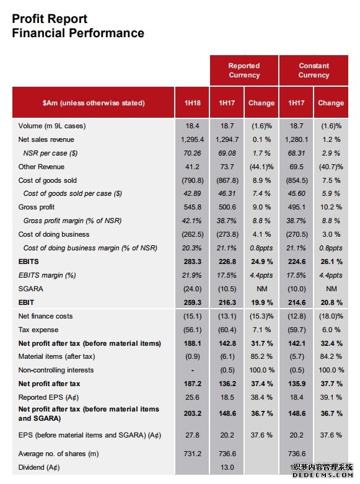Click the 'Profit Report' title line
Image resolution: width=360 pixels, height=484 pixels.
[50, 19]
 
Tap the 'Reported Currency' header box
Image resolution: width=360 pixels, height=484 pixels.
[244, 71]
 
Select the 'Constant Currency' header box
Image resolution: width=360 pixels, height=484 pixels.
[314, 71]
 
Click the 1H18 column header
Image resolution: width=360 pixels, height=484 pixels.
[192, 103]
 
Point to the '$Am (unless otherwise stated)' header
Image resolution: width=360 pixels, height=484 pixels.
[94, 103]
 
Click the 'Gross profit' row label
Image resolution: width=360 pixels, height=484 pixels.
[37, 207]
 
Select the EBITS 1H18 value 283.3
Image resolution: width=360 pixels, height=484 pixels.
[192, 262]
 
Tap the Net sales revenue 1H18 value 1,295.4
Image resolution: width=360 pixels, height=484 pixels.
[192, 139]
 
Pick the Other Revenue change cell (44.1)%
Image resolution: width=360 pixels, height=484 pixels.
[261, 167]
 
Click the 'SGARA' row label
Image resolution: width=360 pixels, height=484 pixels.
[30, 289]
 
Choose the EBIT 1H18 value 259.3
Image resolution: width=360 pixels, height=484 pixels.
[192, 302]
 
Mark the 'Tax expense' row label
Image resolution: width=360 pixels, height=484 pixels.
[38, 330]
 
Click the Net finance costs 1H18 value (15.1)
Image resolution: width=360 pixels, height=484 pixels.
[192, 316]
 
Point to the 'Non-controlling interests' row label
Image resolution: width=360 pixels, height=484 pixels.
[56, 370]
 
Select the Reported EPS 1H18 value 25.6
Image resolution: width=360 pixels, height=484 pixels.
[192, 397]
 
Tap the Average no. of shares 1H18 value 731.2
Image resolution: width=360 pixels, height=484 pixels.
[192, 454]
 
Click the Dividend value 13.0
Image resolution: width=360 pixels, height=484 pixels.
[227, 467]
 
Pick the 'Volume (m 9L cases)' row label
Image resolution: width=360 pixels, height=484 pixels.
[52, 126]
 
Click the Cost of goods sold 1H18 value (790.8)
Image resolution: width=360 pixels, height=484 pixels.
[192, 180]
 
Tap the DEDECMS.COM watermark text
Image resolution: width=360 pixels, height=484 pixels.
[322, 475]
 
